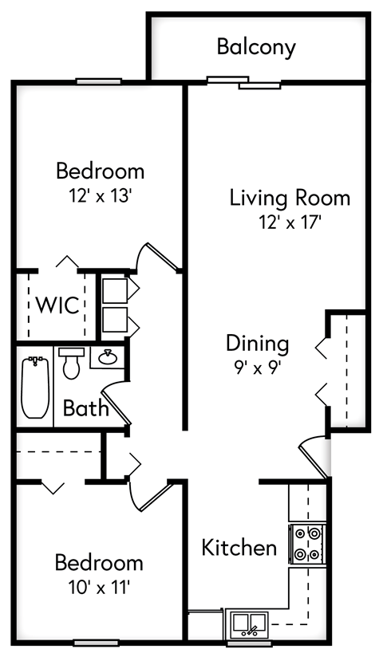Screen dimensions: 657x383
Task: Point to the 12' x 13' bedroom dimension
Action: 100,195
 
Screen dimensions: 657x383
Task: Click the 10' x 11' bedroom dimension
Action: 99,588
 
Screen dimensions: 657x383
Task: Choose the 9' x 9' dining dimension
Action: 256,368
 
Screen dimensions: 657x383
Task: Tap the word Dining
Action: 257,344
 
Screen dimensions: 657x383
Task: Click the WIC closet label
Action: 57,305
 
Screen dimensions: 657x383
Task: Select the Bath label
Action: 85,409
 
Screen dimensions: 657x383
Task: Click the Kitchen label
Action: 239,548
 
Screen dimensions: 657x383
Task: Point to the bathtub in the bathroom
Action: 34,388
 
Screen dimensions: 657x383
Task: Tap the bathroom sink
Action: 107,358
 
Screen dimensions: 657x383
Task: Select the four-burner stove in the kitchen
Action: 306,543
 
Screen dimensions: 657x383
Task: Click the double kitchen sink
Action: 249,623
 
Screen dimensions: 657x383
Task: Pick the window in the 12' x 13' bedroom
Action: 99,81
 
